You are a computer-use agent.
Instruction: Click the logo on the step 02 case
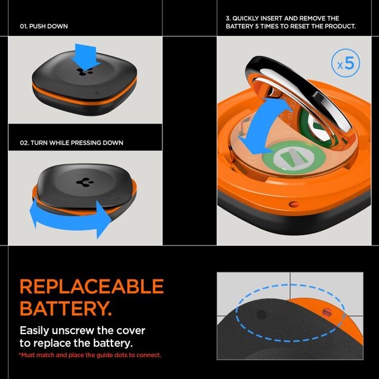81,181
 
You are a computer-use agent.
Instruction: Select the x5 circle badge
345,64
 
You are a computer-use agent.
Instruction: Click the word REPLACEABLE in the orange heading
92,287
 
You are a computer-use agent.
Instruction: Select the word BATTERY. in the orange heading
65,308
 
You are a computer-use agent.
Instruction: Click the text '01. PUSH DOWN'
44,27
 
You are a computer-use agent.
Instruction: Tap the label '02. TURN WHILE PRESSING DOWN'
72,143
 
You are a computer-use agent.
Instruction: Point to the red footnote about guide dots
90,355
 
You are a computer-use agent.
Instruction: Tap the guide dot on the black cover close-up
261,315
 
